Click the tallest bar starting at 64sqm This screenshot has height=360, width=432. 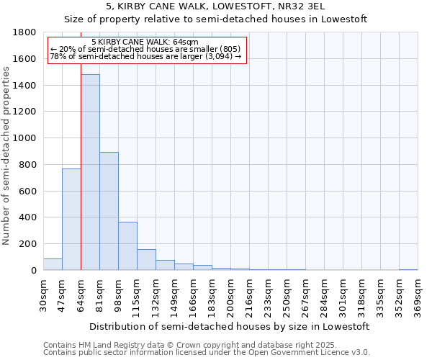90,172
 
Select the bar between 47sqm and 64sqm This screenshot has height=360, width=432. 71,220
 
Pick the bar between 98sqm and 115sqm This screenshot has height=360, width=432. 127,246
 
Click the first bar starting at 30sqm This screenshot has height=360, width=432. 53,264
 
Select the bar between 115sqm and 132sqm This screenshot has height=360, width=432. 146,260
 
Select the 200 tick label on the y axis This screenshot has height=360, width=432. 28,244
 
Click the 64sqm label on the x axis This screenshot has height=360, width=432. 81,294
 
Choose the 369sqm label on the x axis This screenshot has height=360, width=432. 418,294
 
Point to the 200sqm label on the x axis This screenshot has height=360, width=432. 230,294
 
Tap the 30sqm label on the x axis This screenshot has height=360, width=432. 43,294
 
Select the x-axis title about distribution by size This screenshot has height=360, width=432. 230,326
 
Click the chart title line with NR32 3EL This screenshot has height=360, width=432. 215,6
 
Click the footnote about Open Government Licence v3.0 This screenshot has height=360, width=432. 206,353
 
